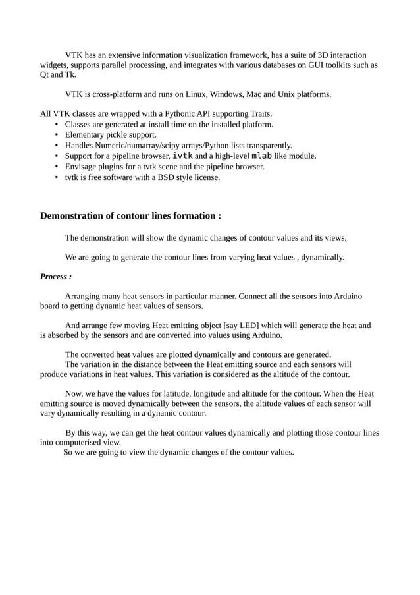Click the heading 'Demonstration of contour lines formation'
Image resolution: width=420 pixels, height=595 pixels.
click(x=130, y=216)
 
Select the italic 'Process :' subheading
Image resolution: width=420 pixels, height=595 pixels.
click(x=56, y=277)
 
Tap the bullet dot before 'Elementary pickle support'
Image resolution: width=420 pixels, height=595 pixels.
click(x=57, y=135)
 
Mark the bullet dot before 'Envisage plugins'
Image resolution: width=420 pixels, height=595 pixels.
click(x=57, y=167)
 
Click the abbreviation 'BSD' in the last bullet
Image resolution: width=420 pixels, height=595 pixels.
click(x=160, y=177)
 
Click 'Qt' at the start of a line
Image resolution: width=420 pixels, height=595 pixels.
click(x=45, y=75)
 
